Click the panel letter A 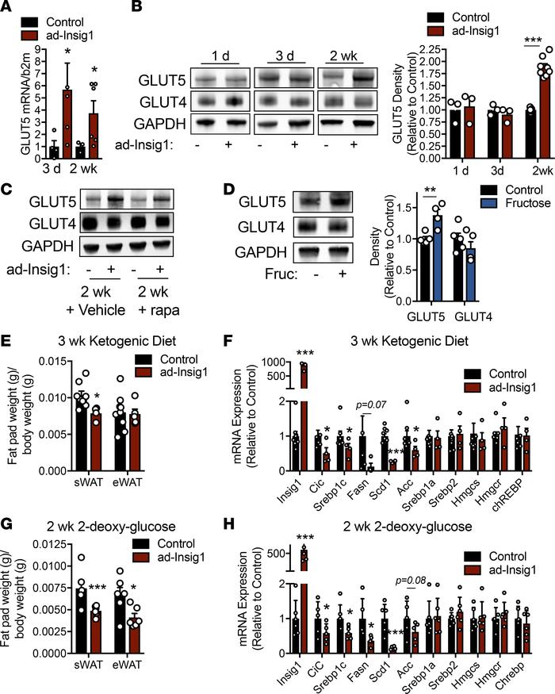click(7, 8)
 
